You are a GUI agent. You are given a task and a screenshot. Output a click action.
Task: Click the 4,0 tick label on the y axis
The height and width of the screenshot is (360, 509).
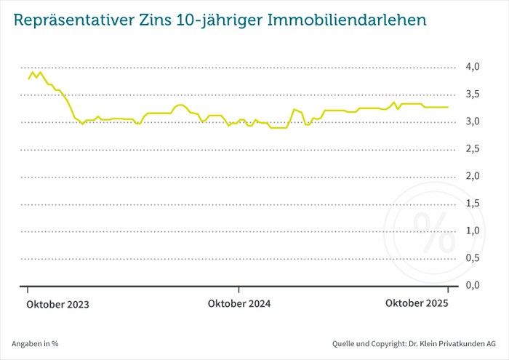473,67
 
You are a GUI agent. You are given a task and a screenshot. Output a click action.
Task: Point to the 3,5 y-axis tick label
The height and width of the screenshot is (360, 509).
473,95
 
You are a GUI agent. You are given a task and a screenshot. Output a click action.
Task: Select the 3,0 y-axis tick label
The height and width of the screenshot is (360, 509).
473,121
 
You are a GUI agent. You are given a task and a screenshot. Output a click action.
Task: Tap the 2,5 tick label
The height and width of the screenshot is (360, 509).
473,149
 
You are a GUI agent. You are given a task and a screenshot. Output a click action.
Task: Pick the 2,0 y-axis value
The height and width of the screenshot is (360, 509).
473,176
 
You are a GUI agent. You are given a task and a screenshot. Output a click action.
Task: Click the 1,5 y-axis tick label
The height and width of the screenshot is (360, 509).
473,204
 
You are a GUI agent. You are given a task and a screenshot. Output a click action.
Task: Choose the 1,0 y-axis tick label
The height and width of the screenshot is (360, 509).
473,231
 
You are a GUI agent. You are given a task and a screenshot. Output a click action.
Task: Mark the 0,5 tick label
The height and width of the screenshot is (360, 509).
473,258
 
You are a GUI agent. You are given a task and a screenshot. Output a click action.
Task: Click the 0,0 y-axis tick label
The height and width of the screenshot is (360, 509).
473,285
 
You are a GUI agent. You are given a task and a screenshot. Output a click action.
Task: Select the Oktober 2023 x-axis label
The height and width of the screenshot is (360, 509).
58,305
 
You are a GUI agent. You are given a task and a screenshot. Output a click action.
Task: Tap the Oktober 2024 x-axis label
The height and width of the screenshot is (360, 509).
239,304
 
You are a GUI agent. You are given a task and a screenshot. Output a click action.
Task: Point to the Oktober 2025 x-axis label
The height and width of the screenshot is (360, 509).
417,303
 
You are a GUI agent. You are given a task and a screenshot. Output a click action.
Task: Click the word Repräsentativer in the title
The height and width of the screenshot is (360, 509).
71,20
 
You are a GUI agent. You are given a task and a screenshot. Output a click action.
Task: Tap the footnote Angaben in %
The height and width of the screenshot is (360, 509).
35,343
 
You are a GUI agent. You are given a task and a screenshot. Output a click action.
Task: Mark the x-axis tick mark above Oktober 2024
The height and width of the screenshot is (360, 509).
239,290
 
